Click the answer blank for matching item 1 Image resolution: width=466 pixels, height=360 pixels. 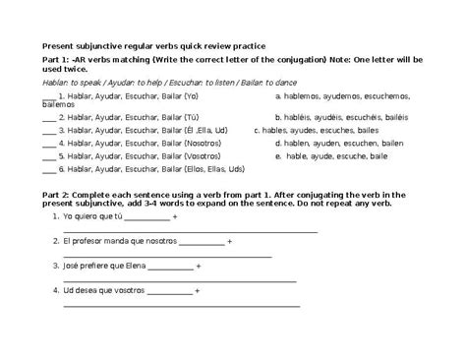(49, 98)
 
